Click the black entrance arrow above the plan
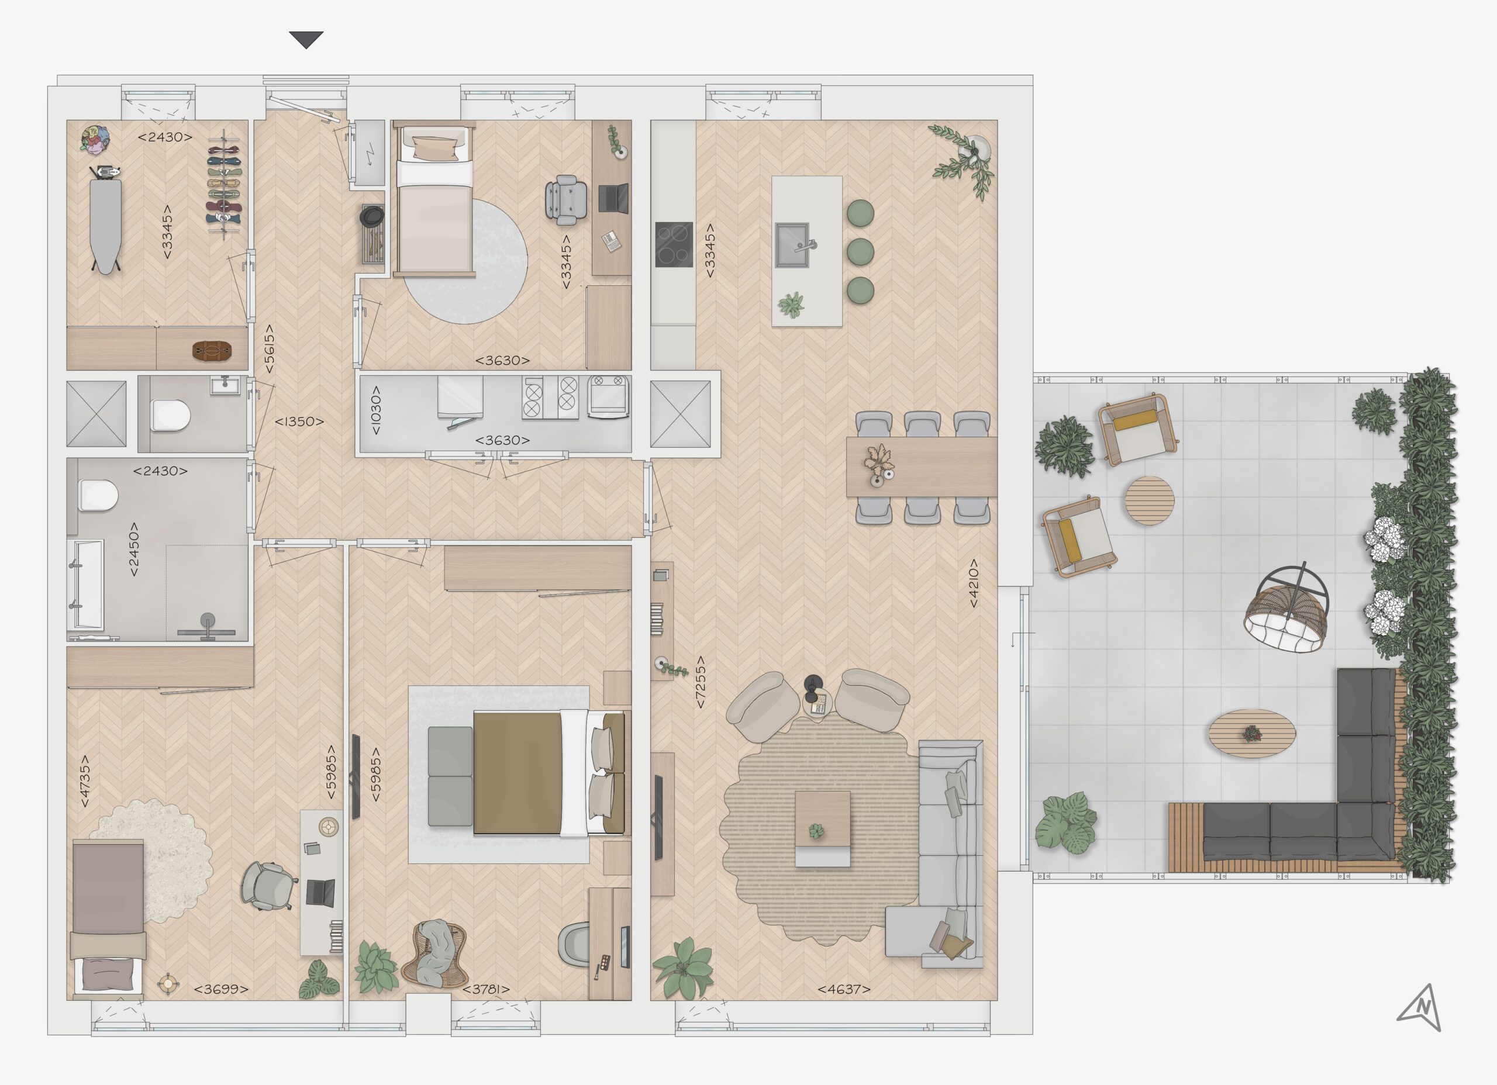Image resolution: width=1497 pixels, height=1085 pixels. (306, 39)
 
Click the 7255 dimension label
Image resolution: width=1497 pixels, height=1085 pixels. (701, 682)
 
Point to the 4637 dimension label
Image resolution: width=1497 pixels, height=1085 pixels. (844, 989)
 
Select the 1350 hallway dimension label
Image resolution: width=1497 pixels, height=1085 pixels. (299, 421)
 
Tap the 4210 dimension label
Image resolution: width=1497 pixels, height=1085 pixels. (973, 583)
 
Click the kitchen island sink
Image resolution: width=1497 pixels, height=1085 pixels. (792, 245)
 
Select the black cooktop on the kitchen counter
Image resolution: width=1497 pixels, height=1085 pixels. (674, 244)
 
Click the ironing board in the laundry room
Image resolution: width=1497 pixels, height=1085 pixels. (106, 220)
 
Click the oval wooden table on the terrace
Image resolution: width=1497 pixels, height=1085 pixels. (1252, 733)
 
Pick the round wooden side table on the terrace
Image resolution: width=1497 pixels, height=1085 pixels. (1150, 500)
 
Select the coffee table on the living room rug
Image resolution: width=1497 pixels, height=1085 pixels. (822, 828)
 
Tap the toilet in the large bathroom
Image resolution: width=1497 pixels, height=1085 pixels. (98, 495)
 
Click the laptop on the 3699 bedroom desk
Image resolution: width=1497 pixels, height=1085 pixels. (320, 893)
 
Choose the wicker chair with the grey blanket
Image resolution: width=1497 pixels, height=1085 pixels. (435, 953)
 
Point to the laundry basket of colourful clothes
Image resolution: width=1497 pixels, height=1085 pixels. (95, 139)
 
